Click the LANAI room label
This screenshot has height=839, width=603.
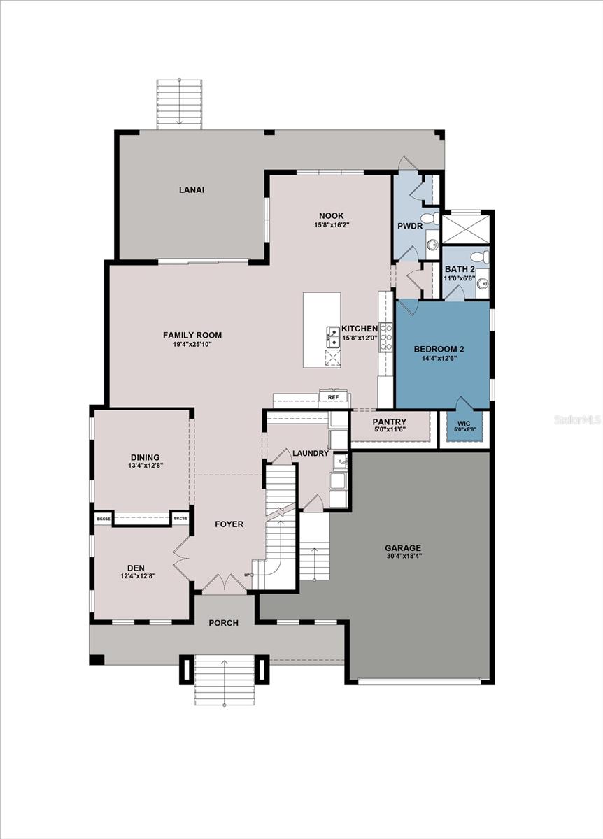pyautogui.click(x=191, y=189)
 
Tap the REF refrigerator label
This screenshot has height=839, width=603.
pyautogui.click(x=333, y=398)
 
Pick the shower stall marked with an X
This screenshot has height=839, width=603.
pyautogui.click(x=467, y=228)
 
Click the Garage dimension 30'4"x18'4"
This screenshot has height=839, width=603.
pyautogui.click(x=403, y=556)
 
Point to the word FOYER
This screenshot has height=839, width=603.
pyautogui.click(x=229, y=524)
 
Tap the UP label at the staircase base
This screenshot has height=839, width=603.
pyautogui.click(x=247, y=575)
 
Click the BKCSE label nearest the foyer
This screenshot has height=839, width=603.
pyautogui.click(x=180, y=519)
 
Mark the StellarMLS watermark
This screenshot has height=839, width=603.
pyautogui.click(x=577, y=419)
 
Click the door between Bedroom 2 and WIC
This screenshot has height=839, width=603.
pyautogui.click(x=462, y=404)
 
